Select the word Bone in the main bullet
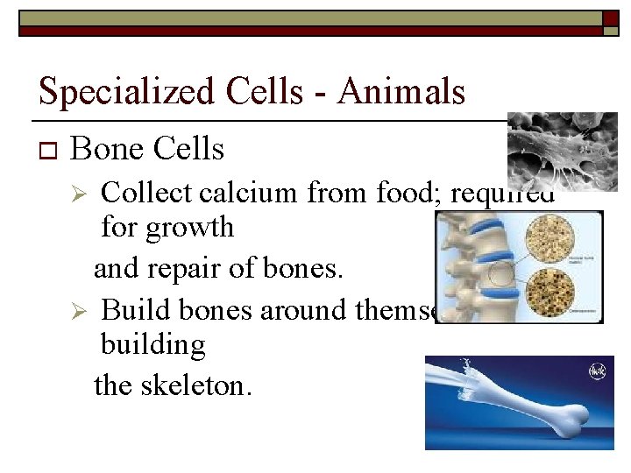107,149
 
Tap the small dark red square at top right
610,19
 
